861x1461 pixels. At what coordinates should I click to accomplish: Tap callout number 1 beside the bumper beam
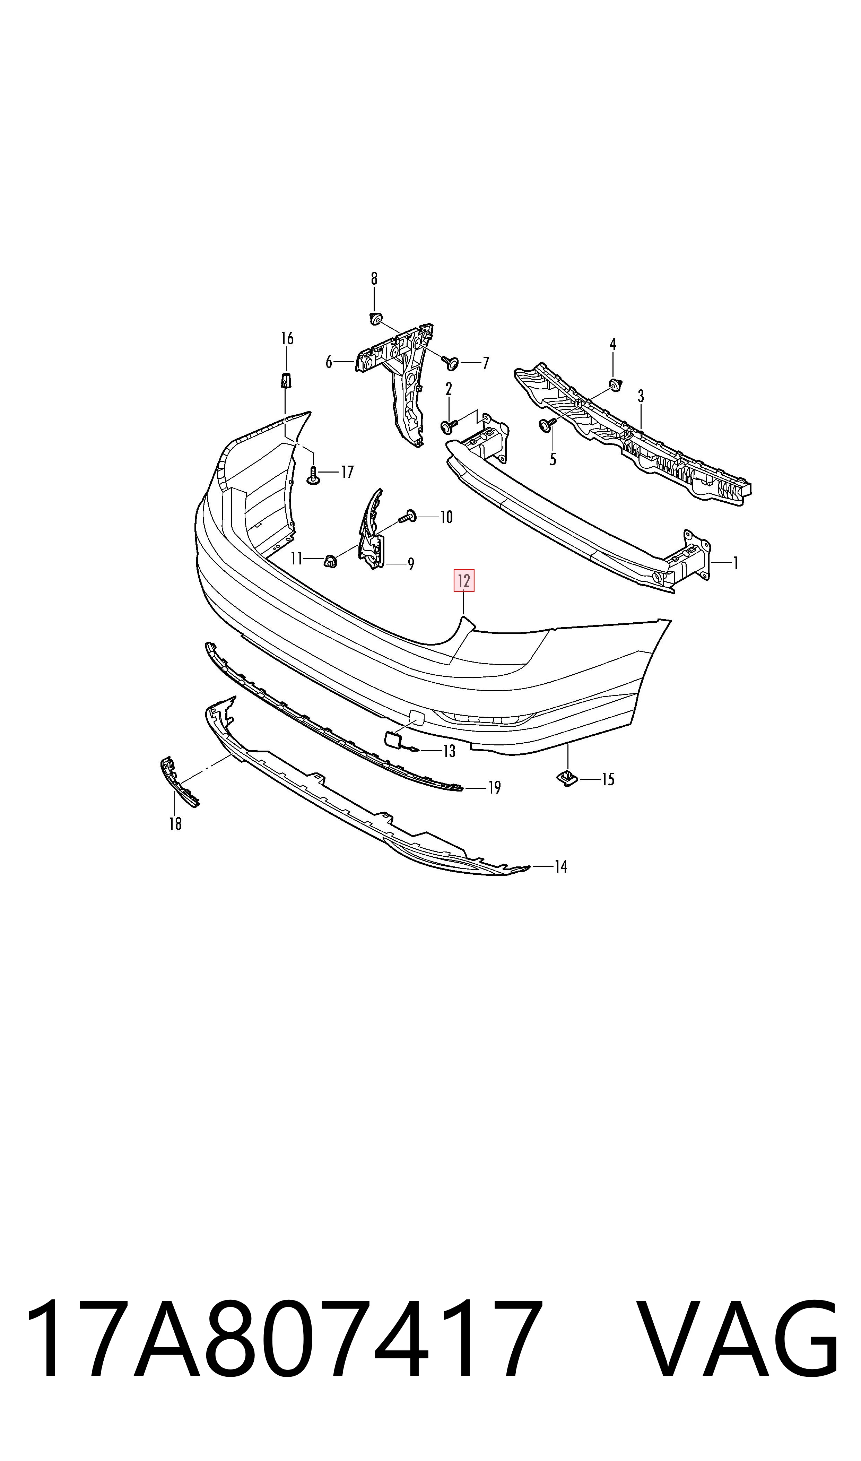tap(735, 563)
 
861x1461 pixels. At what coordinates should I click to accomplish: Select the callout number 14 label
tap(560, 867)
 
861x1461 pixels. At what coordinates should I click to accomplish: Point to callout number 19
tap(494, 788)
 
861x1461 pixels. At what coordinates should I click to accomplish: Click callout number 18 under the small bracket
tap(175, 823)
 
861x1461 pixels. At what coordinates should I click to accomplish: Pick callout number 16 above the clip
tap(287, 338)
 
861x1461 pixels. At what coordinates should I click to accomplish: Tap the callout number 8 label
tap(374, 279)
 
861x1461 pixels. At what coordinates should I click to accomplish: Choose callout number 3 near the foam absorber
tap(641, 396)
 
